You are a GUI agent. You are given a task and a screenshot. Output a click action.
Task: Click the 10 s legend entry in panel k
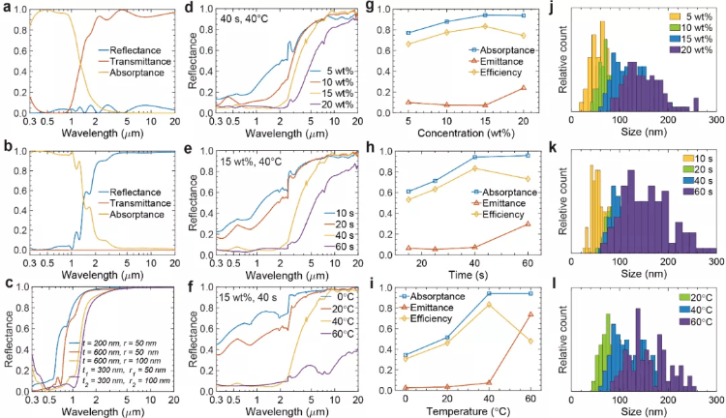(695, 159)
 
